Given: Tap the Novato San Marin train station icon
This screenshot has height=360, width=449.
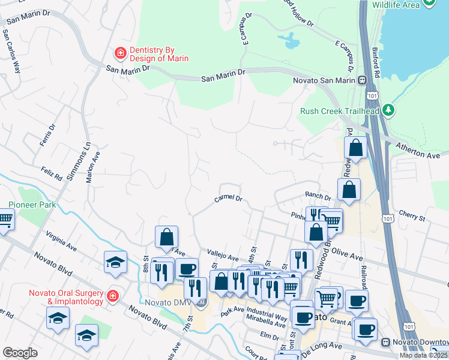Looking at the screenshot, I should click(x=363, y=80).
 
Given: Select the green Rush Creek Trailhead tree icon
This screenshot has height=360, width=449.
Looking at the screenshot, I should click(x=389, y=110).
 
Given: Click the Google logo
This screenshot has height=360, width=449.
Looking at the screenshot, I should click(x=20, y=353).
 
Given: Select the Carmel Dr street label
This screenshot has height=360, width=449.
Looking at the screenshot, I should click(x=228, y=199).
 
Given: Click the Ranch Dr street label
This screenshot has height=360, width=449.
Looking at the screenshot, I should click(x=318, y=196).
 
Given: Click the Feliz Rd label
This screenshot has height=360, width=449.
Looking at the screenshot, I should click(x=52, y=175).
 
